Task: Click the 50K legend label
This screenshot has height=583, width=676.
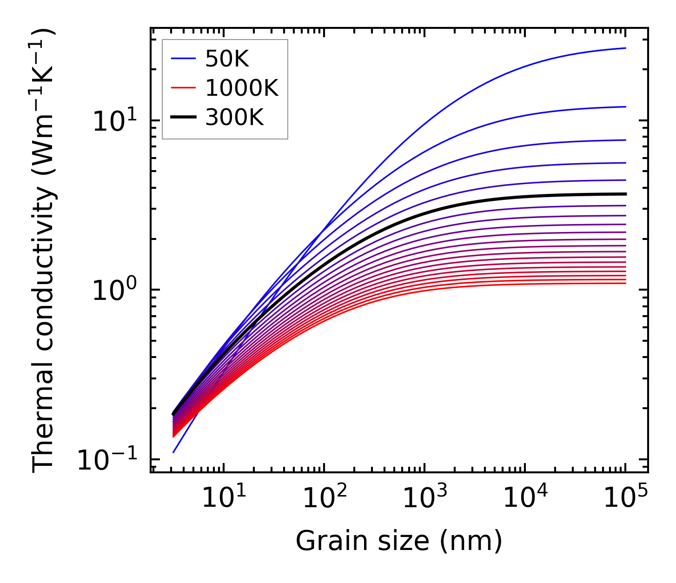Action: coord(227,59)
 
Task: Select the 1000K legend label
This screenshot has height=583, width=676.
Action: coord(242,88)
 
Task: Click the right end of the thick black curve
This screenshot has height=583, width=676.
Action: coord(625,194)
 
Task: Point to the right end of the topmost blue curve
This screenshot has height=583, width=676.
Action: coord(625,48)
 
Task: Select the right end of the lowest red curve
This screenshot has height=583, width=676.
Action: coord(625,283)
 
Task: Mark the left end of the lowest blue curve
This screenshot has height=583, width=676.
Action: coord(173,452)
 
